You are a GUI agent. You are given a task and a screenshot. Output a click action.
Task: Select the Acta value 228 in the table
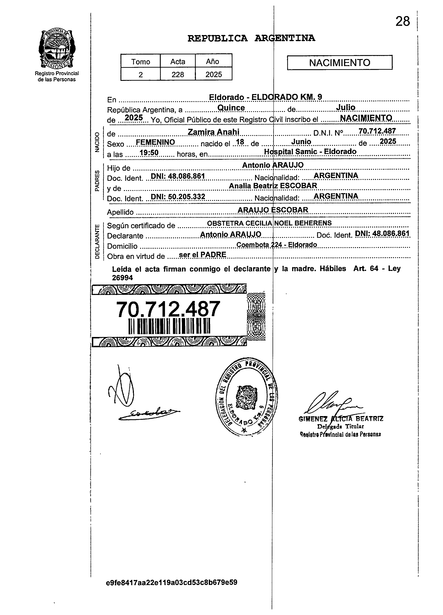coord(178,74)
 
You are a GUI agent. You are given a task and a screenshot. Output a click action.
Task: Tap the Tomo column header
coord(141,62)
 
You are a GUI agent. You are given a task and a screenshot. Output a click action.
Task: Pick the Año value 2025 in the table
coord(214,74)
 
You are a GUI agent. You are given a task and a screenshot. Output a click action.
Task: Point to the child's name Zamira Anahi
coord(214,132)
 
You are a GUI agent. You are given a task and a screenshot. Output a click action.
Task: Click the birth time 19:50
coord(149,153)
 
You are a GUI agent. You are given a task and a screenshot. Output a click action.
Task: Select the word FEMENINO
coord(155,142)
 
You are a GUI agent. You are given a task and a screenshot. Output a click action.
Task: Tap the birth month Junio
coord(301,142)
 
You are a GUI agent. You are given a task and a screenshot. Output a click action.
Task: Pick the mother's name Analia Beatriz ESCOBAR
coord(273,186)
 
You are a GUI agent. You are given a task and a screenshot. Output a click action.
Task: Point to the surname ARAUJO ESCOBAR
coord(273,210)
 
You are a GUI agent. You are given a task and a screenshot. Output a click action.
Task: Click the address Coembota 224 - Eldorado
coord(276,245)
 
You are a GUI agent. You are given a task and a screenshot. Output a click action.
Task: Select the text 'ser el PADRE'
coord(202,254)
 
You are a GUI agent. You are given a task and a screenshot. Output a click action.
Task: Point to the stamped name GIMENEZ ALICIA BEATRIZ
coord(341,419)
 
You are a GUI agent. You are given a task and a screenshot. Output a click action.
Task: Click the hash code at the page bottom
coord(172,583)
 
